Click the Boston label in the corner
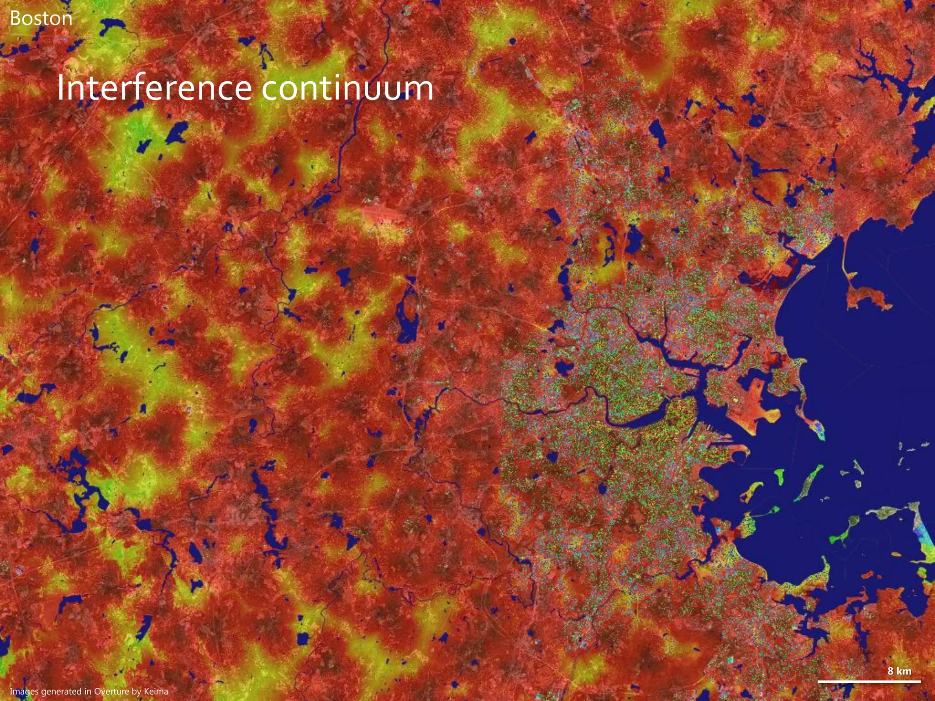[41, 18]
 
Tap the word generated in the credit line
[66, 691]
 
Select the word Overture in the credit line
[111, 691]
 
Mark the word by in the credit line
[136, 691]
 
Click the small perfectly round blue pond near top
[512, 41]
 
